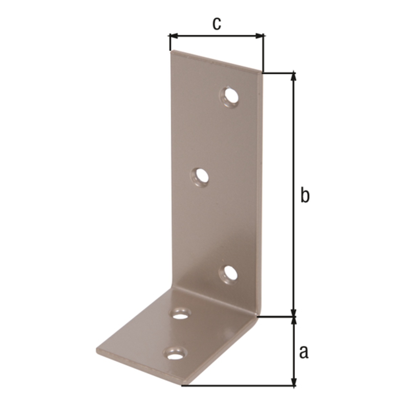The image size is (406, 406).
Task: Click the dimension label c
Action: pos(217,24)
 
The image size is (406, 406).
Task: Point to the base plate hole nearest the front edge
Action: pos(175,356)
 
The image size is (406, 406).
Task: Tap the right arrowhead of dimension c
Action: pos(260,36)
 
